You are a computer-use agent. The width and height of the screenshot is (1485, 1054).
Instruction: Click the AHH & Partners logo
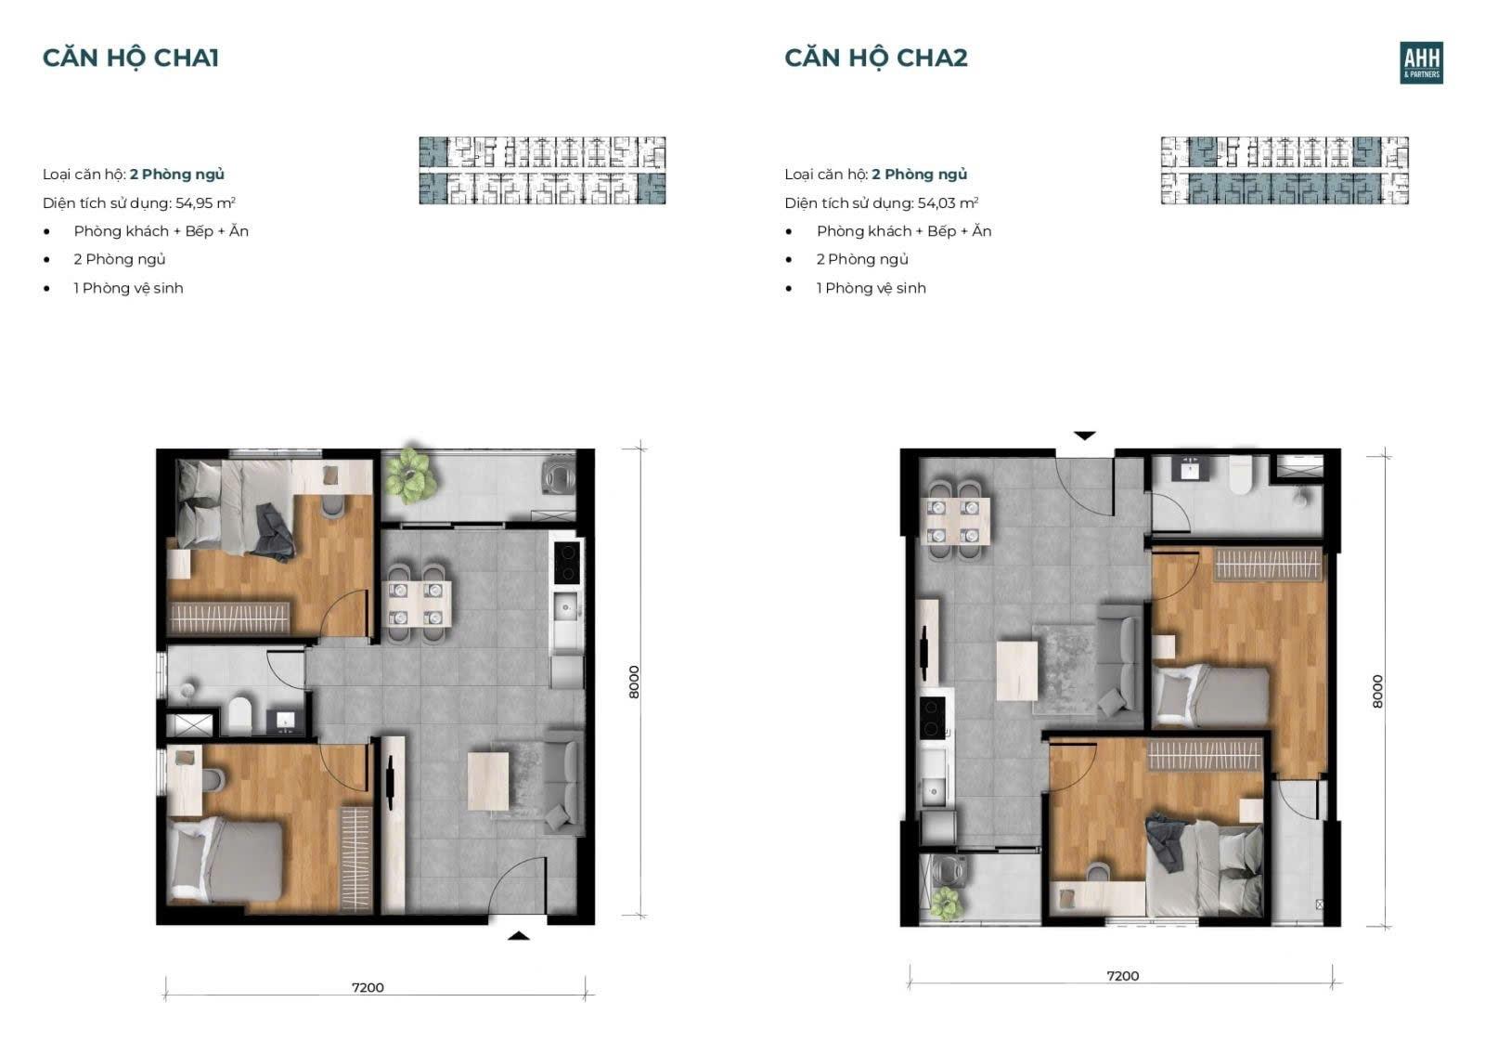coord(1421,63)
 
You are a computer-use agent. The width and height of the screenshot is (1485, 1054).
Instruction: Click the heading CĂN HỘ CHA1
coord(131,58)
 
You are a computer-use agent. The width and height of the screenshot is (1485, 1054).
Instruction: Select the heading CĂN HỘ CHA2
coord(876,58)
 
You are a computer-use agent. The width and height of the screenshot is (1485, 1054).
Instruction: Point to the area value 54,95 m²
coord(205,203)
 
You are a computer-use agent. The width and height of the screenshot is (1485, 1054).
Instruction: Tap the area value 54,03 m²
coord(948,203)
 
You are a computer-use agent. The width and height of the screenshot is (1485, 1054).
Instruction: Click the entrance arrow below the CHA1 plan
coord(519,936)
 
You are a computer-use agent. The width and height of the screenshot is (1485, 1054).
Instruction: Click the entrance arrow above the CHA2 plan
coord(1085,436)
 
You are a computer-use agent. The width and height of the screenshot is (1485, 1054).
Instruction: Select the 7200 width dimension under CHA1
coord(368,988)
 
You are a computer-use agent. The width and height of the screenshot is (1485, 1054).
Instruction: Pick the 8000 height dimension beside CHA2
coord(1377,691)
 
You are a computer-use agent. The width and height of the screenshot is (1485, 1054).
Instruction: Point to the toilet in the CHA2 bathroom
coord(1240,475)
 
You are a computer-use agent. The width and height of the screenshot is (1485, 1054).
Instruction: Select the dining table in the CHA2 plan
coord(955,521)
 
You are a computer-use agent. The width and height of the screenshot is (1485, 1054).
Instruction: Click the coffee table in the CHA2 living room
coord(1017,670)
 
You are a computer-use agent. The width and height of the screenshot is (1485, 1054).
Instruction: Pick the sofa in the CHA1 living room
coord(564,781)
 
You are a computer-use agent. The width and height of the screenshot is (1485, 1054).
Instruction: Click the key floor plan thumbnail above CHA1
coord(542,171)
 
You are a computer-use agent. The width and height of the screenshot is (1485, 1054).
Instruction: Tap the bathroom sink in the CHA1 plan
coord(286,721)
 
